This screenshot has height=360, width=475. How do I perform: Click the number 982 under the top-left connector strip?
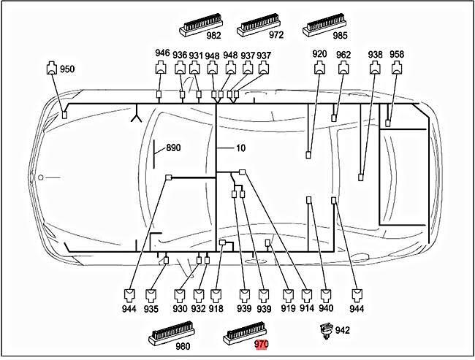(213, 34)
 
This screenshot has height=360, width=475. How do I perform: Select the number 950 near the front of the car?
(66, 69)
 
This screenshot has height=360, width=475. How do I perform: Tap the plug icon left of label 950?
(50, 70)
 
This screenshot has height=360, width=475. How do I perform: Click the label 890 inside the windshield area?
(173, 148)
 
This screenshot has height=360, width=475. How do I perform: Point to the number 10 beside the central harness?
(240, 148)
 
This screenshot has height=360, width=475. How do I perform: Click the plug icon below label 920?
(319, 70)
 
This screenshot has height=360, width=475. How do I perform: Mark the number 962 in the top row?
(343, 55)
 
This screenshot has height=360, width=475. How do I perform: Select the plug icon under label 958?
(396, 70)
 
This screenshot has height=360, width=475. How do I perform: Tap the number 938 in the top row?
(375, 55)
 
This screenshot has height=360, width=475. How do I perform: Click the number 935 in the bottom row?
(151, 310)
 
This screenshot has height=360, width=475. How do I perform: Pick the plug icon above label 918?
(216, 295)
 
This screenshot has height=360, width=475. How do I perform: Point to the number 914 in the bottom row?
(308, 310)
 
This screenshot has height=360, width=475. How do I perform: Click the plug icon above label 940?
(325, 295)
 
